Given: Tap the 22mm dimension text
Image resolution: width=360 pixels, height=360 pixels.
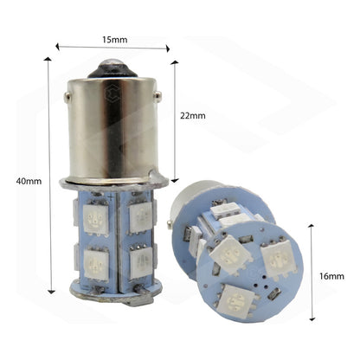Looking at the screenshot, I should point(194,114).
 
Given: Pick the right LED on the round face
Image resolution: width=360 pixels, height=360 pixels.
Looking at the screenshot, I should point(279,259).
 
